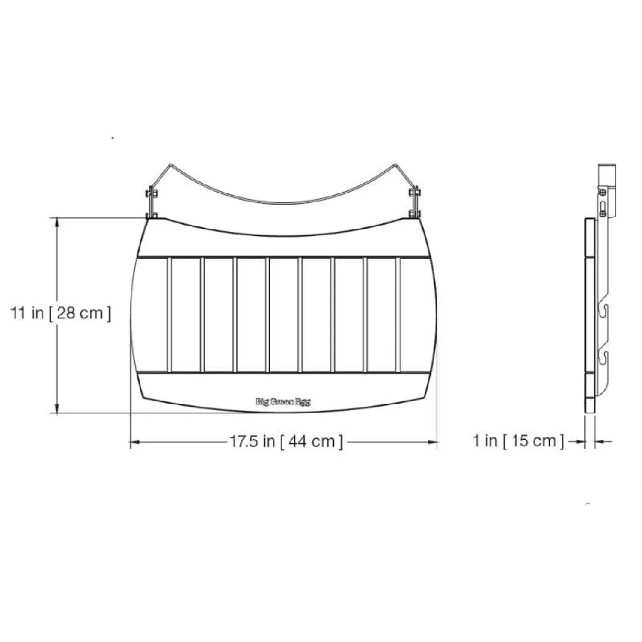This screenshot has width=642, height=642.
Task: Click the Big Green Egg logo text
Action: coord(283,402)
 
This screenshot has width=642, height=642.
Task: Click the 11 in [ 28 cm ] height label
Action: coord(60,313)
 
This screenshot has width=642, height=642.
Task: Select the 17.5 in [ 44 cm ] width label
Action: coord(286,441)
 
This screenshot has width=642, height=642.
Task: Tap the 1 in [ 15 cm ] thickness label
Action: coord(518,440)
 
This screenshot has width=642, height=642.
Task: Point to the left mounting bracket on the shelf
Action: coord(152,202)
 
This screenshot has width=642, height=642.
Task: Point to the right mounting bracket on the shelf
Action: coord(415,202)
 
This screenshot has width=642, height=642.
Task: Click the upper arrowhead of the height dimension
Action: coord(57,223)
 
